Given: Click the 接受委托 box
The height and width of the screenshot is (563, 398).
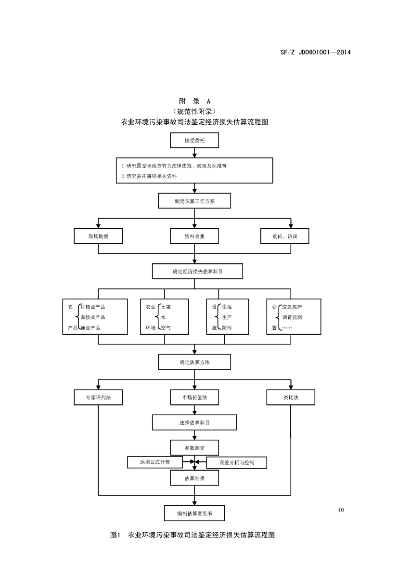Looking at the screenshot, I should click(194, 141).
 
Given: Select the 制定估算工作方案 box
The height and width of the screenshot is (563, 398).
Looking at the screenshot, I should click(194, 201).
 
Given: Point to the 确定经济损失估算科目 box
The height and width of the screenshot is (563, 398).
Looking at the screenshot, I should click(197, 271).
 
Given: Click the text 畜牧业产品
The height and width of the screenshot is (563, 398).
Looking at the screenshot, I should click(93, 317).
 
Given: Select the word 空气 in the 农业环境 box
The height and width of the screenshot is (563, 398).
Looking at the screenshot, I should click(166, 328).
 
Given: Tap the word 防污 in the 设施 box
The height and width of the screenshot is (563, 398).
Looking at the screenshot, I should click(227, 328).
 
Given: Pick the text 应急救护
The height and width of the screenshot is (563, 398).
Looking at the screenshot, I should click(292, 307).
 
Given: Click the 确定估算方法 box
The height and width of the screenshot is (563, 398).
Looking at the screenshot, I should click(194, 362).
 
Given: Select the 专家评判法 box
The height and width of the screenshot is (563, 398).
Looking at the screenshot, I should click(98, 397).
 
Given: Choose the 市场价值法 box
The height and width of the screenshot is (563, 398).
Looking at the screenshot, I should click(194, 397).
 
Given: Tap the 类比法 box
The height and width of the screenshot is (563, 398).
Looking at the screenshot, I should click(291, 397).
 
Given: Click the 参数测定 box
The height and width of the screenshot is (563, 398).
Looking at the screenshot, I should click(194, 447).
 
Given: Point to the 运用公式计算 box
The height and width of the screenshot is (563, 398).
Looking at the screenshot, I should click(154, 462).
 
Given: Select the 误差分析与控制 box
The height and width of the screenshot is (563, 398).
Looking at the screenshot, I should click(236, 463).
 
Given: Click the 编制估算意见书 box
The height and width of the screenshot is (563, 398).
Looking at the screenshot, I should click(194, 513).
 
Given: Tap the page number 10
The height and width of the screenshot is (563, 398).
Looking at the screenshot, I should click(341, 510).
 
